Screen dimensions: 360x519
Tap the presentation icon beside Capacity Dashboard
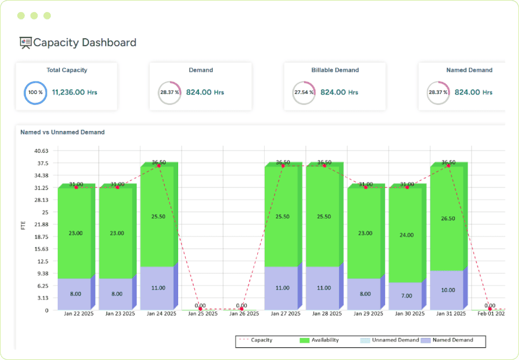point(25,42)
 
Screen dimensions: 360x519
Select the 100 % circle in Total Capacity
point(35,92)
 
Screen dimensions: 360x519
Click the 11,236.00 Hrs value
point(74,92)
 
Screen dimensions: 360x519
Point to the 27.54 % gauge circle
point(303,92)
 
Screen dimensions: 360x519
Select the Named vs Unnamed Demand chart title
point(62,132)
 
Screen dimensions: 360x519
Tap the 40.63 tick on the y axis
point(42,151)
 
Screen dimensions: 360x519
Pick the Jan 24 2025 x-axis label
point(159,314)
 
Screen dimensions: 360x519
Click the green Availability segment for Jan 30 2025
point(405,235)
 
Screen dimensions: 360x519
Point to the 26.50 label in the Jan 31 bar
point(447,219)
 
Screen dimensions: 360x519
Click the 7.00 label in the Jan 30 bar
point(407,296)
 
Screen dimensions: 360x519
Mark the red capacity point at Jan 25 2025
point(200,309)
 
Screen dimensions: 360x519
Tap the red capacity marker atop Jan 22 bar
point(76,187)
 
